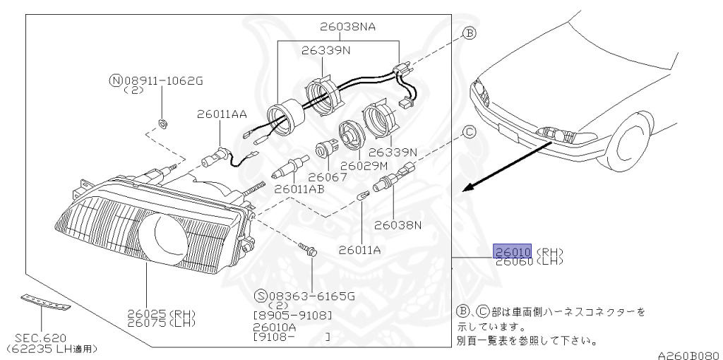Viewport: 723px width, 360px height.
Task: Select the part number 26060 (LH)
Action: (513, 262)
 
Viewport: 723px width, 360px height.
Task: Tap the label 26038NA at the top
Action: (348, 28)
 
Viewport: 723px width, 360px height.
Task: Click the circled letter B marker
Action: (469, 33)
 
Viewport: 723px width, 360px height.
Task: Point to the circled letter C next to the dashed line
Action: (469, 131)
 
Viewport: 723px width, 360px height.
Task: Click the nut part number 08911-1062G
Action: (162, 80)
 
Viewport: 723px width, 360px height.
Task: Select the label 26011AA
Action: (222, 114)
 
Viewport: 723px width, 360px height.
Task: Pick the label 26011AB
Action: (299, 188)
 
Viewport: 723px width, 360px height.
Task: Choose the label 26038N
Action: (398, 225)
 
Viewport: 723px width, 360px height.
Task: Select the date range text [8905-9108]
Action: (292, 315)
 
